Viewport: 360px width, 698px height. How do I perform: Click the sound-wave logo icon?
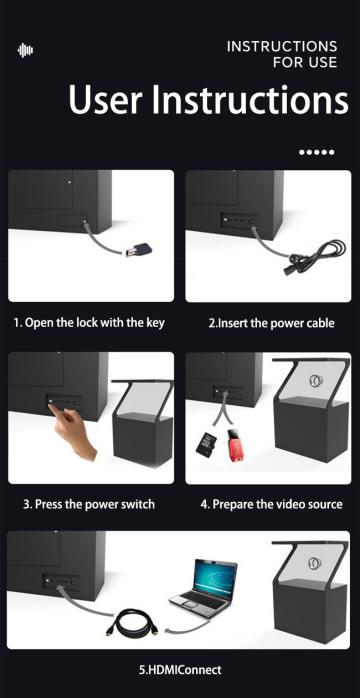click(x=25, y=50)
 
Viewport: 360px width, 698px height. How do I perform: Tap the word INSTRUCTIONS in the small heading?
click(x=282, y=46)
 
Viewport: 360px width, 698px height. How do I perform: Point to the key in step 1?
click(x=138, y=250)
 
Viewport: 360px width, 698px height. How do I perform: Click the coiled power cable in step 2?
click(x=317, y=255)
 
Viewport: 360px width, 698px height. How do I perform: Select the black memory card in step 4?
click(x=206, y=443)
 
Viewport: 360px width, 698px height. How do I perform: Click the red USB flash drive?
click(x=236, y=444)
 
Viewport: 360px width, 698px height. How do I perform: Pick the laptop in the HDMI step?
click(x=204, y=583)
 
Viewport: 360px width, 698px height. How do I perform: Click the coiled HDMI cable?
click(x=132, y=622)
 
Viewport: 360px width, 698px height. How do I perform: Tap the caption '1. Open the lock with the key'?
click(x=89, y=322)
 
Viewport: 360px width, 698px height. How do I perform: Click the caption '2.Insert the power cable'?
click(x=271, y=323)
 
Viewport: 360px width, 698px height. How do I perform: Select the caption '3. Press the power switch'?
click(x=89, y=504)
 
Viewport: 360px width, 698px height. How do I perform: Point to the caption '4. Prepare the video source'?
click(x=271, y=504)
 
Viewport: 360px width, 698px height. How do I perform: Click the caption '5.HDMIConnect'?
click(x=180, y=669)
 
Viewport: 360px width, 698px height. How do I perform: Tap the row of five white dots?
click(x=316, y=152)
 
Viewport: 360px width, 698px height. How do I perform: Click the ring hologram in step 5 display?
click(x=314, y=564)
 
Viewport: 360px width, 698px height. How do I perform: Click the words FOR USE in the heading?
click(x=305, y=62)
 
